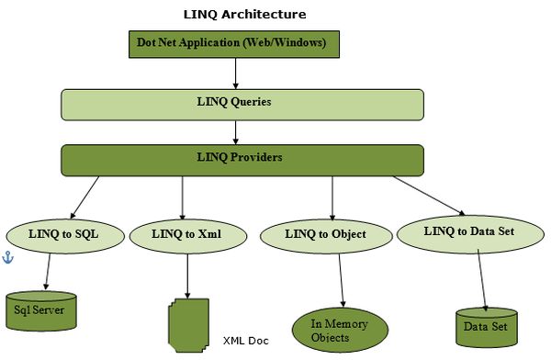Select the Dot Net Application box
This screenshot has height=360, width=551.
point(238,43)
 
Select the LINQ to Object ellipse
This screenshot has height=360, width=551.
point(326,236)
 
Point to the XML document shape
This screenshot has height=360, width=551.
point(190,325)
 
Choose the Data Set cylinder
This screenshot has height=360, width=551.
point(487,326)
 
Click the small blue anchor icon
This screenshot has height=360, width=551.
point(8,259)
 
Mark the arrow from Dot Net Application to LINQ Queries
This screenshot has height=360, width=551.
point(237,73)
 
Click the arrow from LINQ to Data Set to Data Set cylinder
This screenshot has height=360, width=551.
point(480,278)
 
